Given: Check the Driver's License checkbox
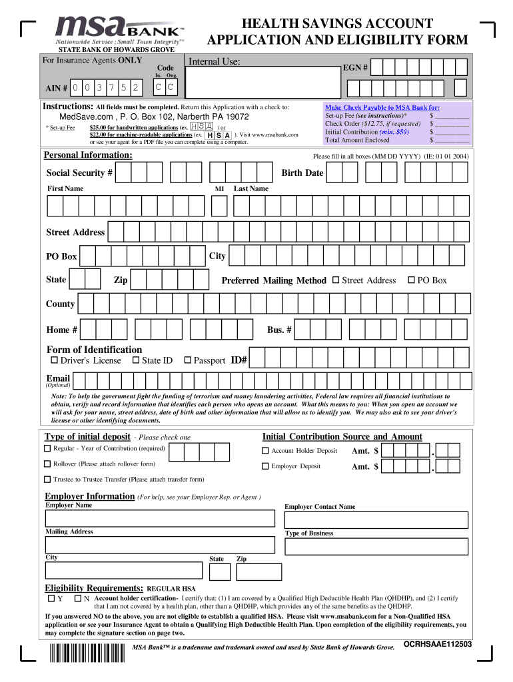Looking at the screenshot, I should point(55,360).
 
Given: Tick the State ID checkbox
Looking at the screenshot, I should point(136,360).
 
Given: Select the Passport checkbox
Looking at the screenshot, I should point(188,360).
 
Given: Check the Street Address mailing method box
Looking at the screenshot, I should point(336,280).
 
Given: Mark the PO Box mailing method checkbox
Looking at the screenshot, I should point(411,280).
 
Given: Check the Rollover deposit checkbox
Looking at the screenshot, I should point(48,464).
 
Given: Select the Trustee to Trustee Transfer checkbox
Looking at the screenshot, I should point(48,480).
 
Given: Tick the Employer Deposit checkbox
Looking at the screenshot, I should point(265,466).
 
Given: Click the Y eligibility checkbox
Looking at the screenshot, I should point(51,598).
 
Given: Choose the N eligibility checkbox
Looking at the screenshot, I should point(77,598).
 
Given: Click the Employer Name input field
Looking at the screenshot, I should point(160,519).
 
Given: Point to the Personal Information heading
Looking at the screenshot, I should point(88,155).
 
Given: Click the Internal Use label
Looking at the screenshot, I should point(215,62).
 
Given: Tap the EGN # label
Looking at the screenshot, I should point(355,68).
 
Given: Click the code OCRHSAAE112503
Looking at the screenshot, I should point(438,645).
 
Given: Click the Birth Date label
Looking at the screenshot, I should point(302,172).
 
